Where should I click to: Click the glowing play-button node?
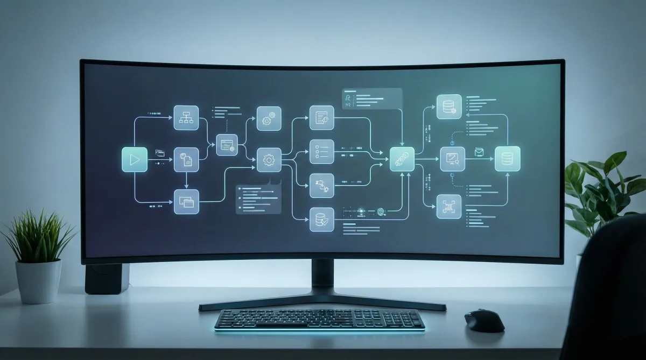coord(135,159)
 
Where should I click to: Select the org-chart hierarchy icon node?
coord(186,117)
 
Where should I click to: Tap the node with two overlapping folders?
coord(186,202)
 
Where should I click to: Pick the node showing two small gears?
coord(269,118)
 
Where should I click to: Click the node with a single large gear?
coord(269,160)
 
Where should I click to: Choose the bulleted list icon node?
coord(322,152)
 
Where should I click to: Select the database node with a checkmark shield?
coord(322,219)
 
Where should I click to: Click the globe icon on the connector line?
coord(382,212)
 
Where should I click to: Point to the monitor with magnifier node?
coord(452,159)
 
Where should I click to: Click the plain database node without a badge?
coord(507,159)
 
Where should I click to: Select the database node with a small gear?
coord(449,107)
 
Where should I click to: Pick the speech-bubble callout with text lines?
coord(258,199)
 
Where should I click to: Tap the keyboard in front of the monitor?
coord(319,320)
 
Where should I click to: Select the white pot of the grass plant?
coord(38,281)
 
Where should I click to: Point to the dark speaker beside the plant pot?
coord(107,278)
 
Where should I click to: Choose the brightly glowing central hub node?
coord(402,159)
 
